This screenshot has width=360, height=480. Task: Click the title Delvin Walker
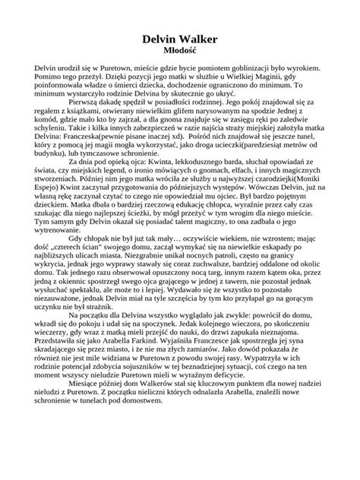pos(180,37)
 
